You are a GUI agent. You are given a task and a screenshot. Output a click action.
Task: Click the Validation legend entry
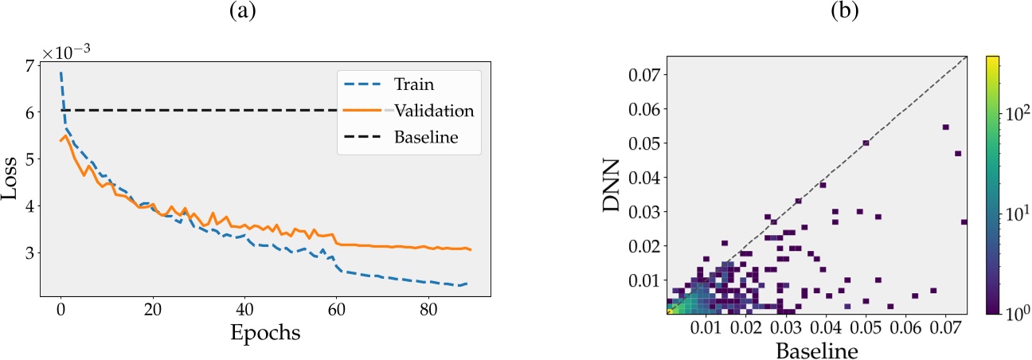pos(434,111)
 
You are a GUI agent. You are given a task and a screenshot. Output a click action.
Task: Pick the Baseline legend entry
pos(425,137)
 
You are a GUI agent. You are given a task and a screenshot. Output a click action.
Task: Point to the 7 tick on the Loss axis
pos(30,66)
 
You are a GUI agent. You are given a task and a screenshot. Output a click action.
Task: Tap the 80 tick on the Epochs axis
pos(428,307)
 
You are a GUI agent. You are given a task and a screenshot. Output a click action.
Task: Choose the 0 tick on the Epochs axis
pos(61,307)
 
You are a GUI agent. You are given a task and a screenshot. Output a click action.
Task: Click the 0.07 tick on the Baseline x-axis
pos(944,327)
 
